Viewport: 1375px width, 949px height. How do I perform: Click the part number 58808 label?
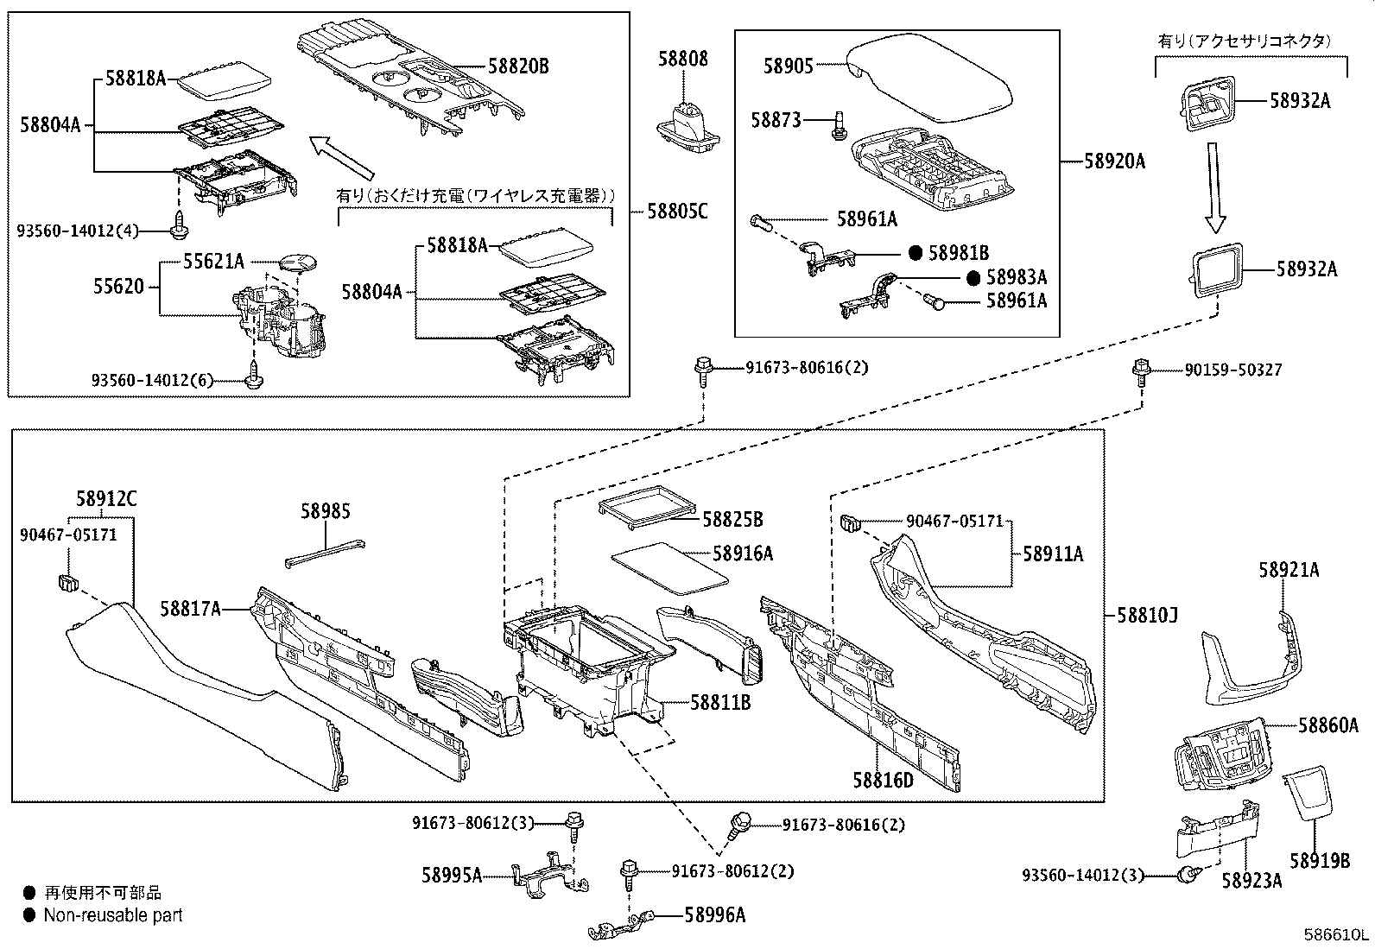(682, 59)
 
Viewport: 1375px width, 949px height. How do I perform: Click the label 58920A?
(1115, 161)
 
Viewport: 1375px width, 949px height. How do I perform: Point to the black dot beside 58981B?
(916, 253)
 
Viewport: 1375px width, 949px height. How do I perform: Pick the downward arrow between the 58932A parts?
(1214, 186)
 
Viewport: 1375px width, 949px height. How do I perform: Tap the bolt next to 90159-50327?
(1141, 371)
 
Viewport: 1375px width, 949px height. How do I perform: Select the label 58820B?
(518, 66)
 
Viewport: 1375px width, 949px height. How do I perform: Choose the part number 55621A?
(213, 262)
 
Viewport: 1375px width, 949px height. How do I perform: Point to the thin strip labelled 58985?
(324, 553)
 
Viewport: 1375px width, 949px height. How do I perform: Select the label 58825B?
(732, 520)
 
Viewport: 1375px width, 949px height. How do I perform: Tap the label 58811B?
(719, 703)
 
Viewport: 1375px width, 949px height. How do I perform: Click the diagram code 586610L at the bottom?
(1336, 935)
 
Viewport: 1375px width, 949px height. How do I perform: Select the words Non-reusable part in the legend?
(113, 915)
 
